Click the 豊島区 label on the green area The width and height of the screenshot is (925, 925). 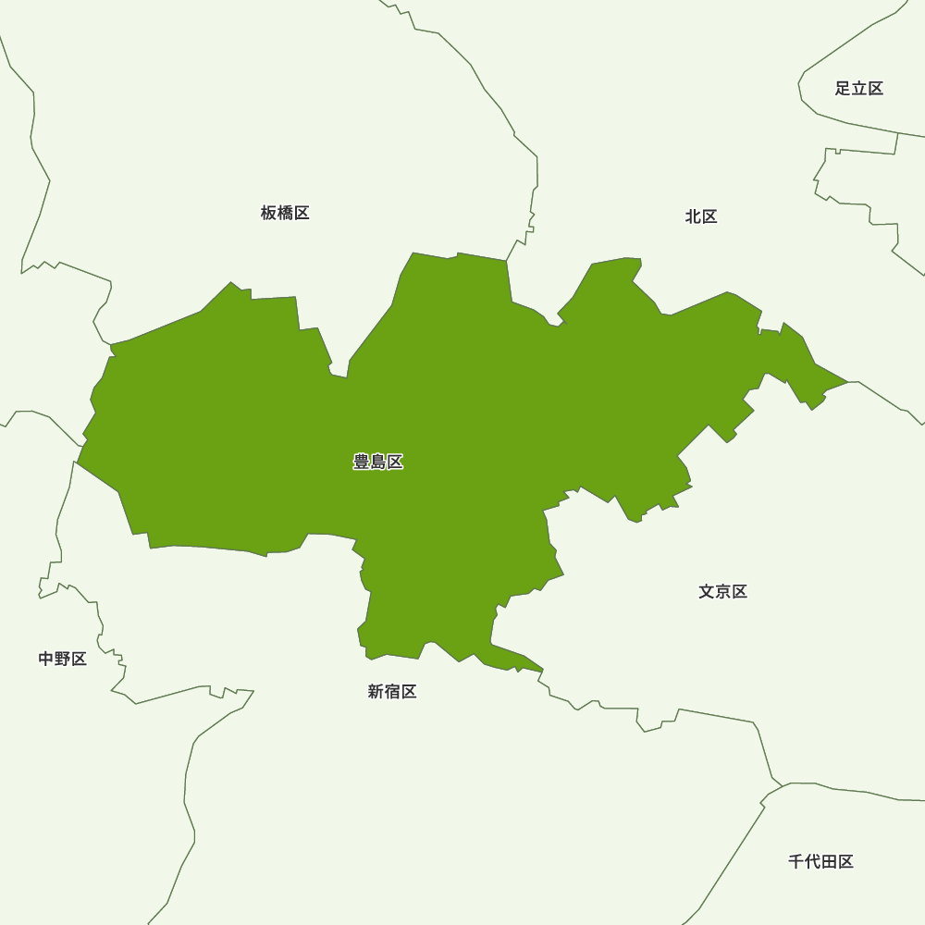378,462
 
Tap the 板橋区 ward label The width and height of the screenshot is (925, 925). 285,213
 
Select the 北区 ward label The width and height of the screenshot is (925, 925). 701,216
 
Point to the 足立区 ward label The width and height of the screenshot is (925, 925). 859,89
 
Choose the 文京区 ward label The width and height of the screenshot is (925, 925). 722,591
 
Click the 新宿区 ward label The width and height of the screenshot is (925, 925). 392,691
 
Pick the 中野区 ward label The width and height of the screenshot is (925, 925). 63,659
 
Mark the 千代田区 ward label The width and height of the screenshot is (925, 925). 820,861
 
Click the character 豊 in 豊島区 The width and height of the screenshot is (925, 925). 362,462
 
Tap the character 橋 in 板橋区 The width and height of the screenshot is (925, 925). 285,213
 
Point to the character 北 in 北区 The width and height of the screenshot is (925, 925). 693,216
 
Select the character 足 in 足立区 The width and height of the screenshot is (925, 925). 843,89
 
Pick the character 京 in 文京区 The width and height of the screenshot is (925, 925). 722,591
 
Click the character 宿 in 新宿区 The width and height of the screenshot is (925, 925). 392,691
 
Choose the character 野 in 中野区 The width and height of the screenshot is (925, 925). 63,659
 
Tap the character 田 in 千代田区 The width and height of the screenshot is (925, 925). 829,861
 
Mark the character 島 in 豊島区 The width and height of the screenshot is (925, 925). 378,462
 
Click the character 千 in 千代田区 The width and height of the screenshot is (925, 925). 795,861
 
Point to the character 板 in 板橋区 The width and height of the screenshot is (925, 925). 268,213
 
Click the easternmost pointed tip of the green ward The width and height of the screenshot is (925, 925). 847,381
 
